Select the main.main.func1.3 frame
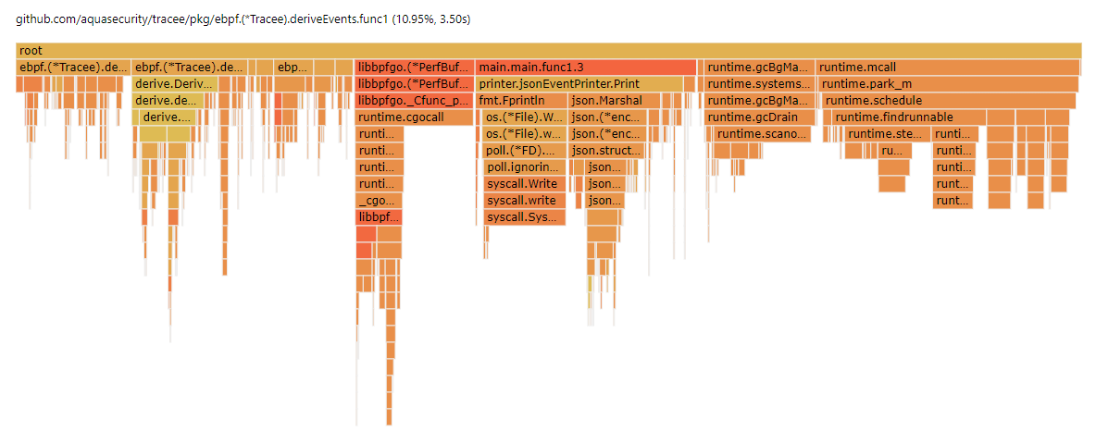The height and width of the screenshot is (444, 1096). click(x=586, y=68)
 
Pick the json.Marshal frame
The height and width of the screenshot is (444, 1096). click(x=602, y=101)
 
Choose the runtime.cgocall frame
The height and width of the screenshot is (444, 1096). click(x=413, y=117)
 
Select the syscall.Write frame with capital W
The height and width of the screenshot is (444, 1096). click(x=524, y=184)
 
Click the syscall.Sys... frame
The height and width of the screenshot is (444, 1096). click(x=524, y=217)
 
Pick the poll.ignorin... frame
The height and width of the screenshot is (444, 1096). click(x=524, y=167)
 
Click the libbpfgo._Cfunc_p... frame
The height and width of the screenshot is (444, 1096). click(x=413, y=101)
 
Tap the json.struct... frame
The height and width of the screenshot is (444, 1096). click(x=605, y=151)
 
